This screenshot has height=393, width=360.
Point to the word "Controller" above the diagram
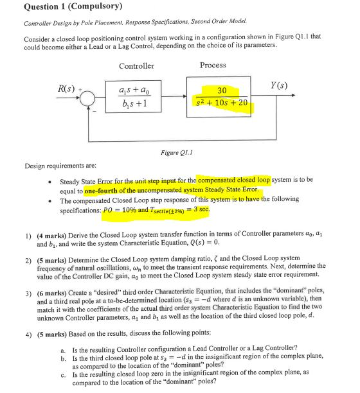click(136, 66)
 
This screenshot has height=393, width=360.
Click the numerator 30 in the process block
click(221, 91)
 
